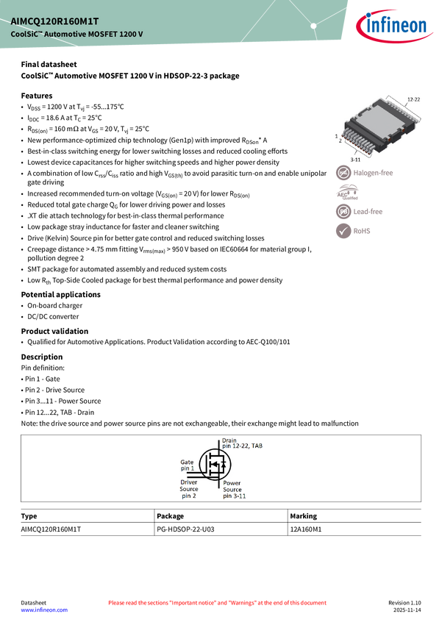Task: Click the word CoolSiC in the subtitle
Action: (26, 35)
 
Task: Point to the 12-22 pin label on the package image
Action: (413, 99)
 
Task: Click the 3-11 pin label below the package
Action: (355, 159)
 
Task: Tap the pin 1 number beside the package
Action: (336, 137)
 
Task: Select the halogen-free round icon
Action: (344, 173)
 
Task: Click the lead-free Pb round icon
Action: (344, 212)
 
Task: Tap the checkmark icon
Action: (344, 231)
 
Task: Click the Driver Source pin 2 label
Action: (189, 489)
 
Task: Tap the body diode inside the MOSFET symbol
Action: (224, 465)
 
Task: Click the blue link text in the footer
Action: (43, 610)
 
